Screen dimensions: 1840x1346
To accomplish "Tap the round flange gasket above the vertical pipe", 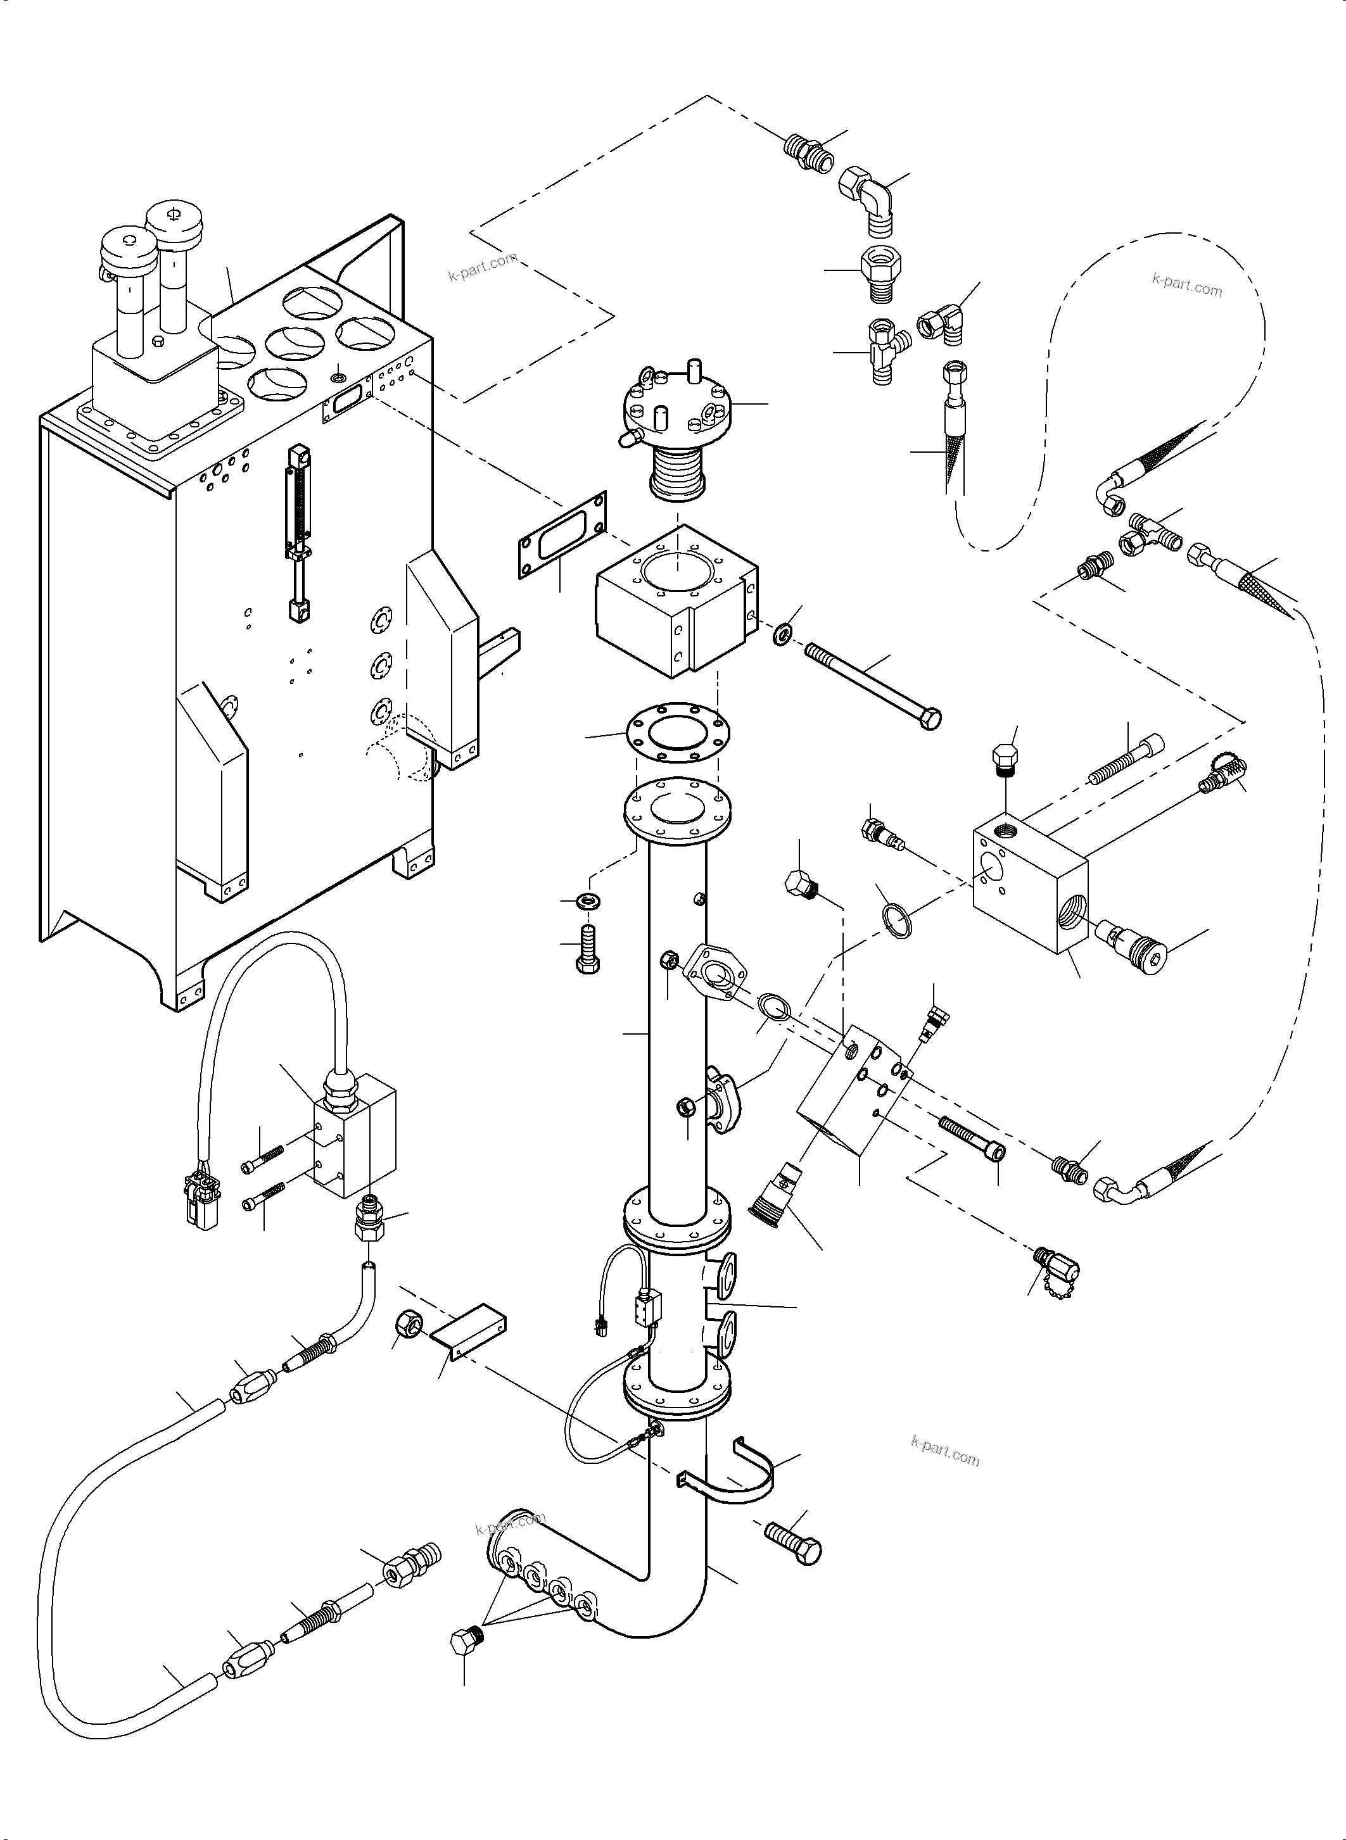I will tap(678, 733).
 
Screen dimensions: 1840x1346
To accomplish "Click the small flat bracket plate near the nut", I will tap(469, 1337).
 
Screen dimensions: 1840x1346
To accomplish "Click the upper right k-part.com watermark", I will tap(1186, 285).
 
